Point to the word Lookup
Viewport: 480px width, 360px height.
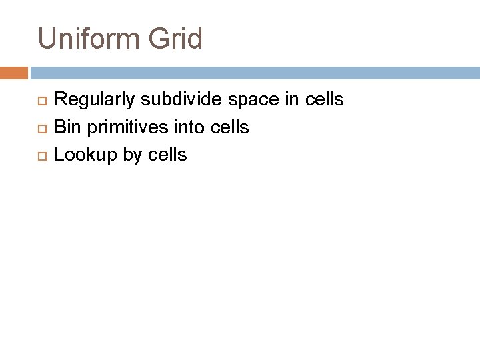pos(81,155)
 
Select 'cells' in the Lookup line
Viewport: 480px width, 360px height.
pos(165,155)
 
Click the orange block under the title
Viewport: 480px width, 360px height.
pos(14,72)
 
